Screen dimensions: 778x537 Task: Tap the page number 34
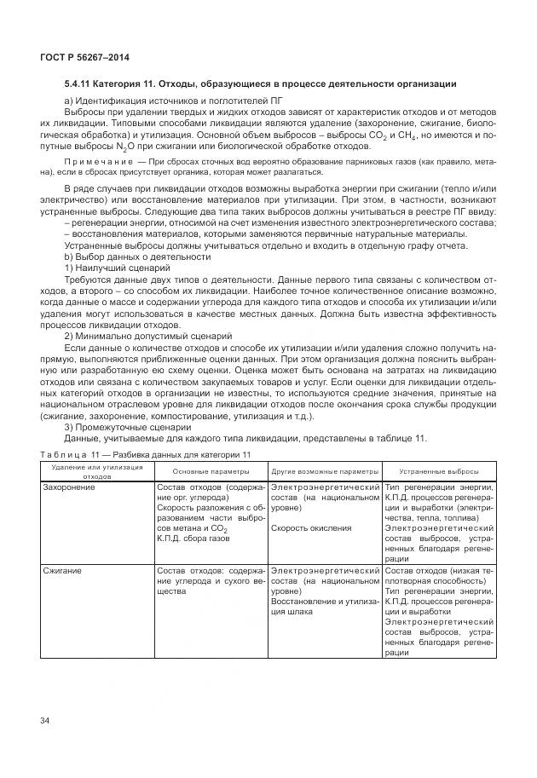point(45,722)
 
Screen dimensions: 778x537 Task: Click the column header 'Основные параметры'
point(211,471)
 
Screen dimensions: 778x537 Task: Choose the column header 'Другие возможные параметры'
point(325,471)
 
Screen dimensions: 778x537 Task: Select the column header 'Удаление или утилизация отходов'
point(96,471)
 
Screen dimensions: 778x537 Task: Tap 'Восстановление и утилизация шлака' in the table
point(324,605)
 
